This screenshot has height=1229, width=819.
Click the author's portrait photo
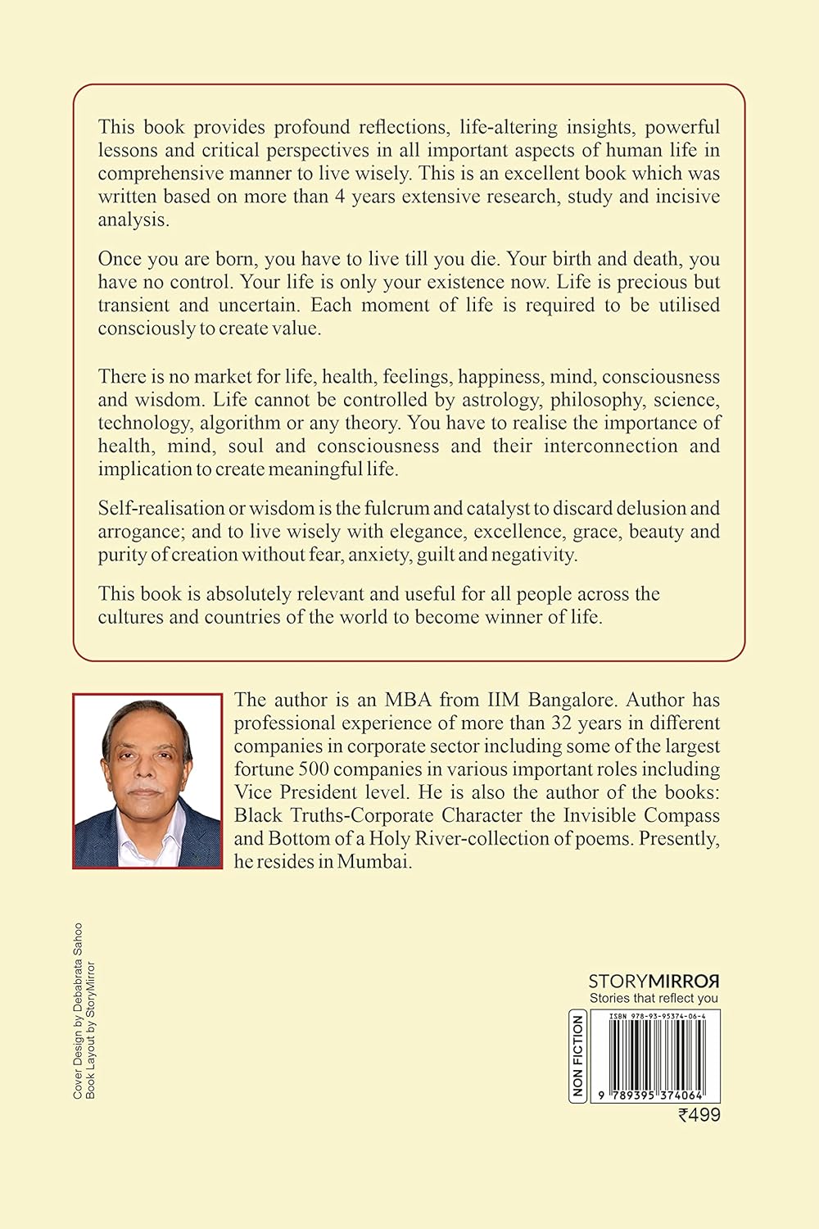(x=147, y=781)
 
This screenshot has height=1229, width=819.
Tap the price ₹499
(x=699, y=1114)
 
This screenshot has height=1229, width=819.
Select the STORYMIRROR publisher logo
(x=654, y=981)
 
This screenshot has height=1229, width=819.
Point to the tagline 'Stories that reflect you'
(x=654, y=998)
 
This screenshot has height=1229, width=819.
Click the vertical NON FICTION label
(x=578, y=1056)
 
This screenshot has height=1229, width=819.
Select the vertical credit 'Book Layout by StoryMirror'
(x=91, y=1029)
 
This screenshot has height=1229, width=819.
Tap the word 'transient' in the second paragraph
(x=131, y=305)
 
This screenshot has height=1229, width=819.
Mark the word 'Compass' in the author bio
(x=681, y=815)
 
